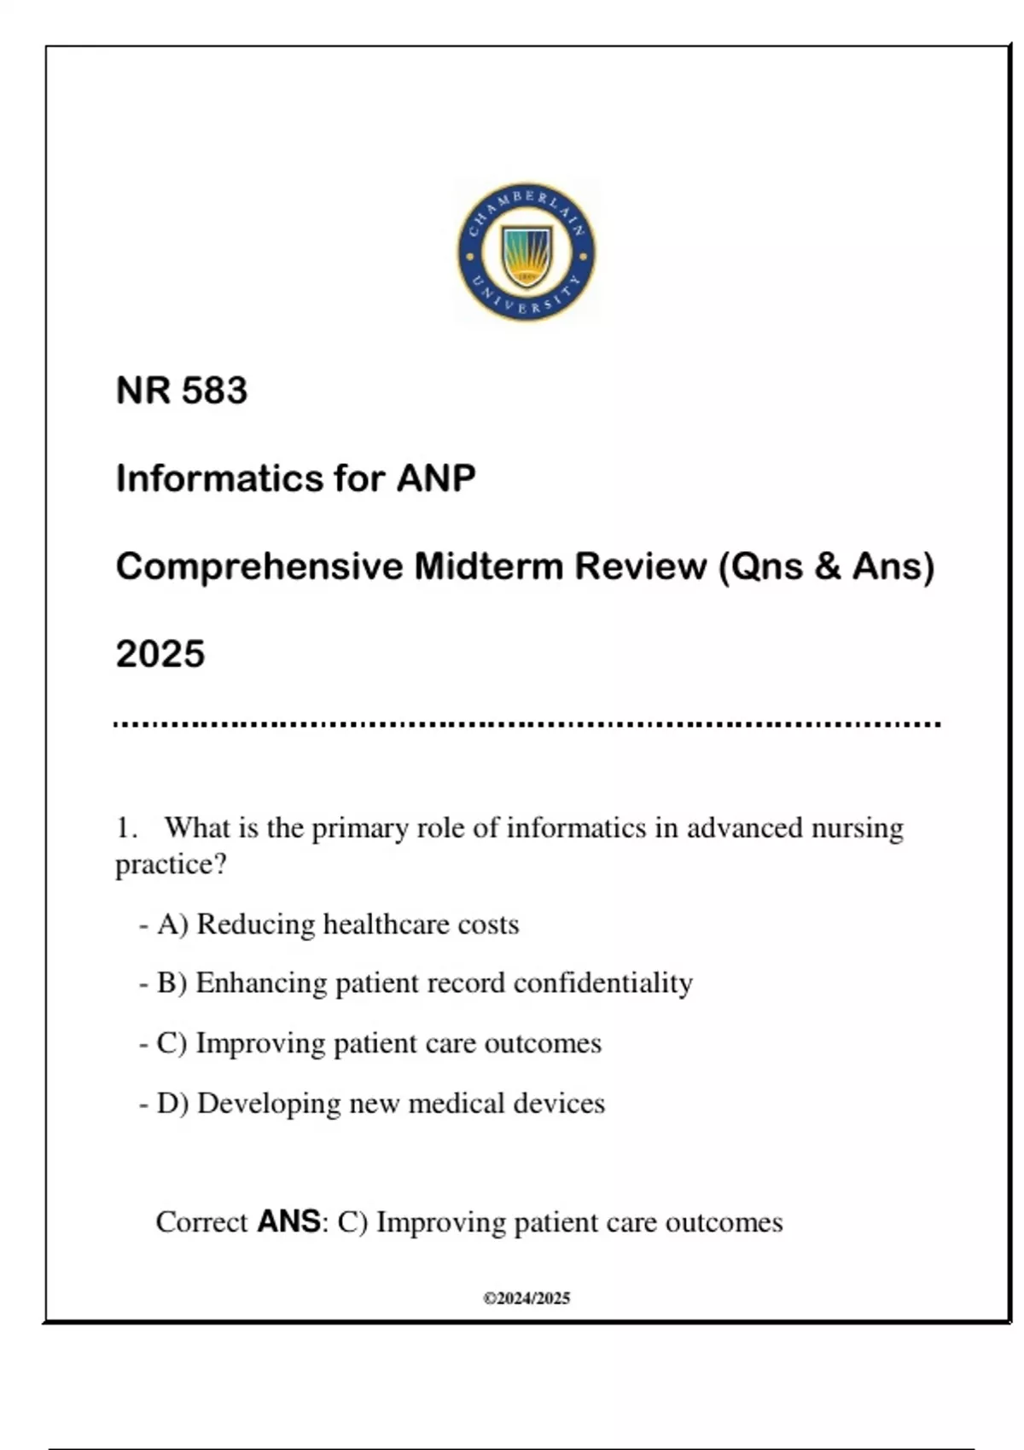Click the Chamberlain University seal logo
[527, 252]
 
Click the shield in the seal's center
[527, 255]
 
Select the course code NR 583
[182, 391]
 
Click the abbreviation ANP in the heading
[436, 478]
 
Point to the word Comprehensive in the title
[259, 566]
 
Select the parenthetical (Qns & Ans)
[827, 566]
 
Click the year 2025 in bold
[160, 654]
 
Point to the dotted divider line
[527, 724]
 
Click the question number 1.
[126, 828]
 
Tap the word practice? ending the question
[171, 865]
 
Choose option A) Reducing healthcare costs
[338, 925]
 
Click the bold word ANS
[288, 1221]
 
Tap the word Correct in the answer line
[201, 1222]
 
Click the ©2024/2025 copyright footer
[527, 1298]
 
